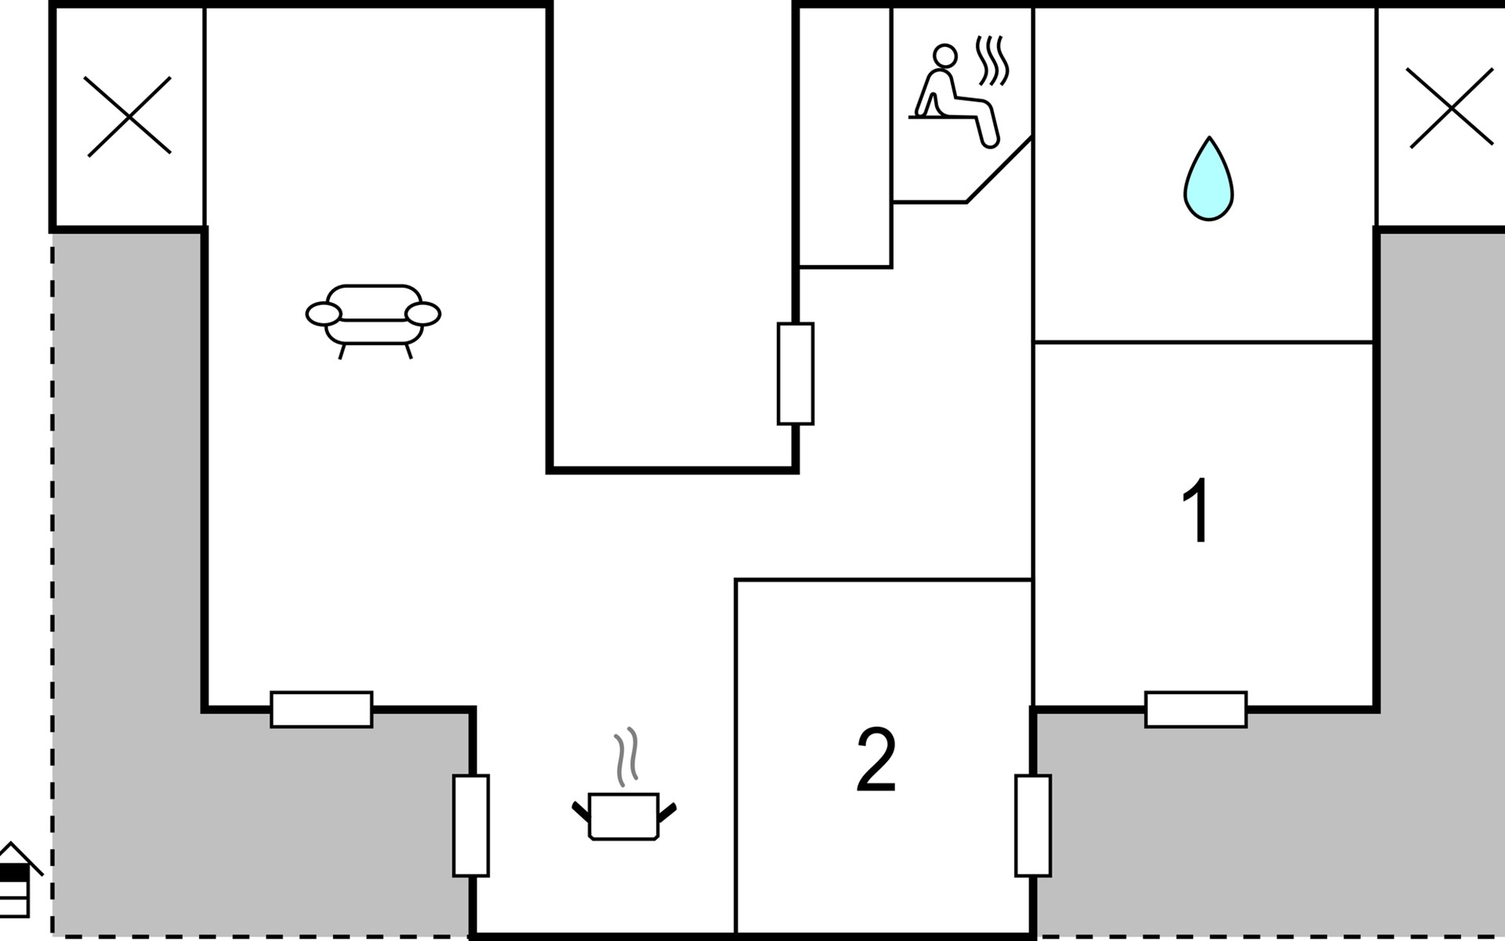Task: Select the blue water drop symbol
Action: coord(1209,179)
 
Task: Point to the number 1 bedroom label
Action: coord(1196,510)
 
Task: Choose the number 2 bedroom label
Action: coord(876,759)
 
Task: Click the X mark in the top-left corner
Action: coord(128,116)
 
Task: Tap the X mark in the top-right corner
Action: coord(1450,108)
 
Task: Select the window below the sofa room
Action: coord(321,710)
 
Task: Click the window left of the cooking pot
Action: coord(471,825)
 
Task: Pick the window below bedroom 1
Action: coord(1195,710)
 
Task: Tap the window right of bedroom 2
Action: coord(1033,825)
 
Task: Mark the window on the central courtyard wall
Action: coord(796,373)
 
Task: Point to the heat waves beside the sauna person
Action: coord(992,61)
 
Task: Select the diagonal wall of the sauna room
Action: coord(999,170)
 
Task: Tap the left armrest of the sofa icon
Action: coord(324,314)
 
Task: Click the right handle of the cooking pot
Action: coord(667,812)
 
